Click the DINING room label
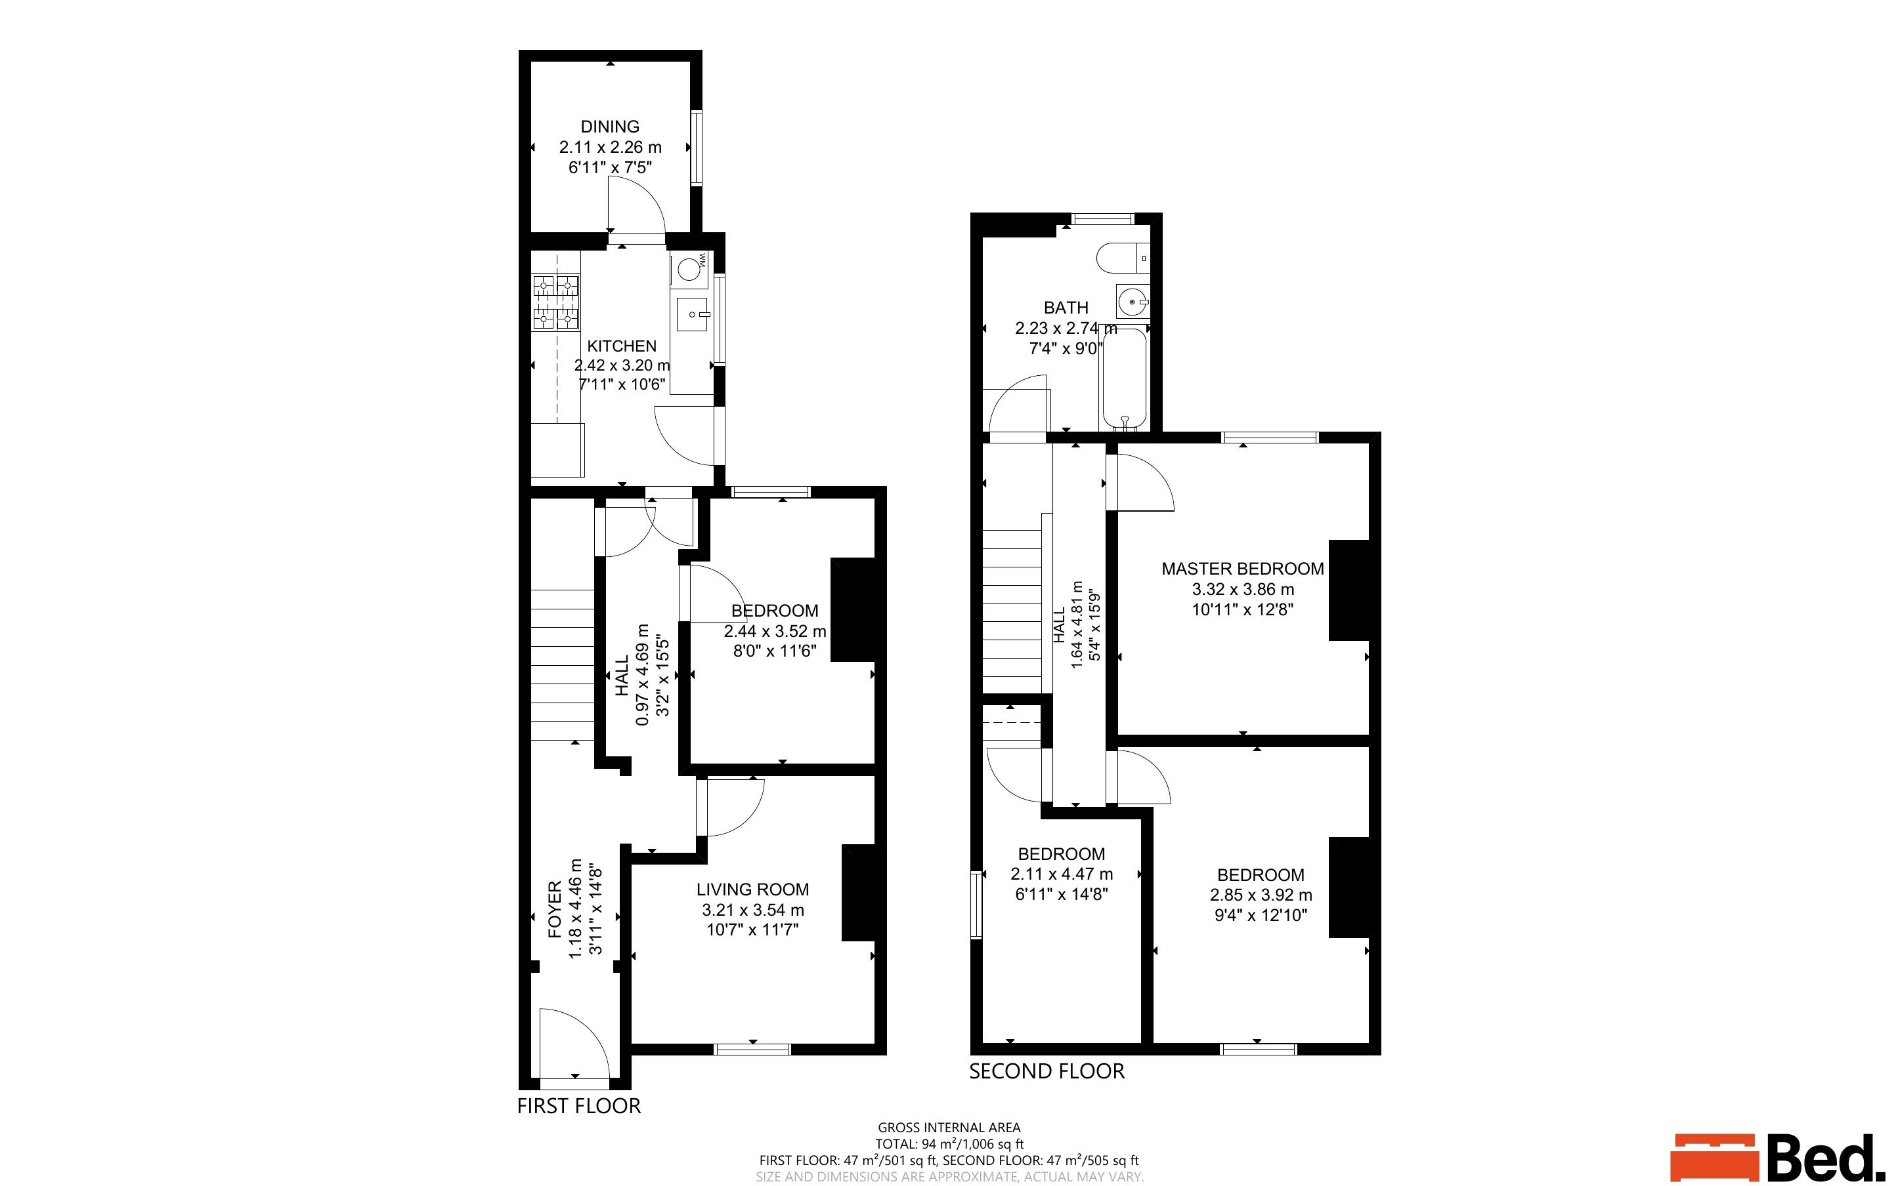pos(610,127)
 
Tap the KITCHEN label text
pos(622,346)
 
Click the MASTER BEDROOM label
pos(1242,569)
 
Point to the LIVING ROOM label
pos(752,890)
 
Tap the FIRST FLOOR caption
pos(579,1106)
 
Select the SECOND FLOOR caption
pos(1047,1071)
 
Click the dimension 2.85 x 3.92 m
pos(1261,895)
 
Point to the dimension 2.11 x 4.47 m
pos(1061,874)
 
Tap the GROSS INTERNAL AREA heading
pos(949,1128)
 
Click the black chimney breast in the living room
pos(859,893)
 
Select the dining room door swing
pos(636,205)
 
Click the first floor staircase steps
pos(562,665)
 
